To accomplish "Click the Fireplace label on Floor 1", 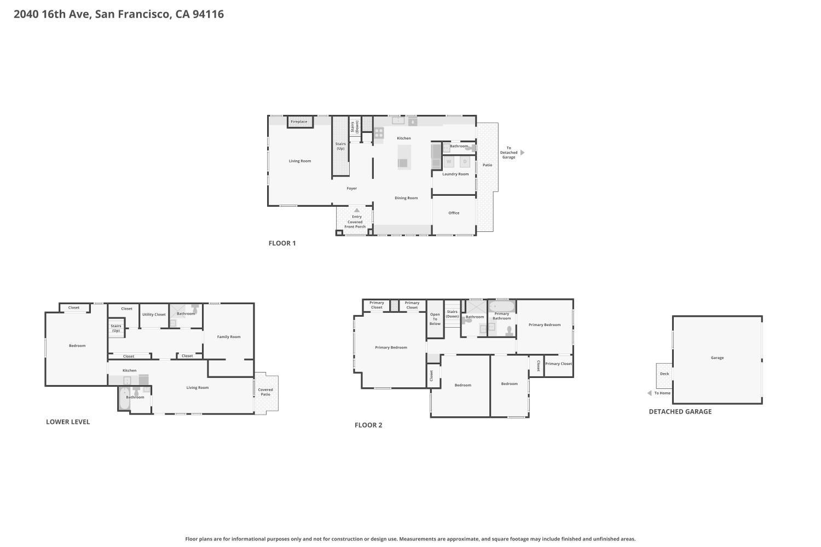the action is click(x=299, y=121).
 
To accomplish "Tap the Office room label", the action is click(x=454, y=213).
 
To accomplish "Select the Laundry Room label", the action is click(x=455, y=174).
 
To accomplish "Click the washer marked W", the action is click(x=449, y=161).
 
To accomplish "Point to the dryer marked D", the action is click(x=465, y=161).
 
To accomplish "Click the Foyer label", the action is click(x=352, y=188).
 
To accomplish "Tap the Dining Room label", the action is click(x=406, y=198).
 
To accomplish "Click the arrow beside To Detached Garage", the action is click(x=522, y=153).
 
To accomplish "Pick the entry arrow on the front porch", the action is click(x=357, y=210).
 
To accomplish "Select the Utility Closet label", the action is click(x=154, y=315).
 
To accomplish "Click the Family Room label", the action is click(x=229, y=337).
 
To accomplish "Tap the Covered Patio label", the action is click(x=265, y=392).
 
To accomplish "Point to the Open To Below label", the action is click(x=435, y=319).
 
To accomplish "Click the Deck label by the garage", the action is click(x=664, y=374).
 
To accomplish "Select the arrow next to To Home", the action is click(x=650, y=393).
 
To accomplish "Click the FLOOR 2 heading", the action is click(x=368, y=425).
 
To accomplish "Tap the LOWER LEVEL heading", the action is click(x=68, y=422).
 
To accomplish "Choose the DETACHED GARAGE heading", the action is click(x=680, y=411).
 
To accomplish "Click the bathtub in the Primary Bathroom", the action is click(x=502, y=306).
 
